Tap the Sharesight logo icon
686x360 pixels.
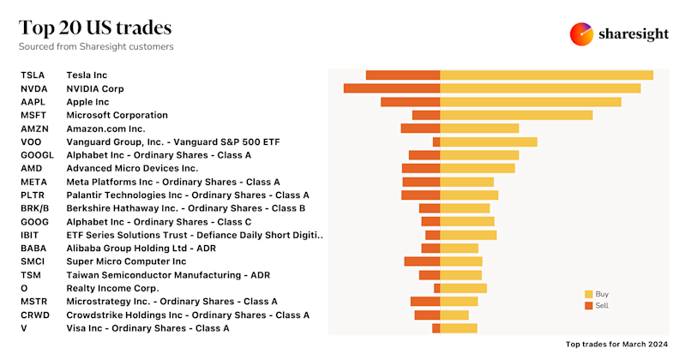click(x=582, y=34)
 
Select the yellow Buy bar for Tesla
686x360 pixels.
click(x=546, y=75)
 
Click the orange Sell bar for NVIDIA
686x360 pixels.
click(x=392, y=88)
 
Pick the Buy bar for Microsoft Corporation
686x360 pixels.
click(x=516, y=115)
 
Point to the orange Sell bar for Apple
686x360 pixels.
click(x=410, y=102)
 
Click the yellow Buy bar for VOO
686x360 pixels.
click(x=489, y=141)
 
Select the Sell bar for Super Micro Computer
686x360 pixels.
click(x=422, y=261)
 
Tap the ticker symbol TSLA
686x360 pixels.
click(x=33, y=75)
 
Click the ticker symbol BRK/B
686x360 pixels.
click(x=35, y=208)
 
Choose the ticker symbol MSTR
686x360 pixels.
click(x=33, y=302)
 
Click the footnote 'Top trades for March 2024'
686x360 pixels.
click(x=605, y=343)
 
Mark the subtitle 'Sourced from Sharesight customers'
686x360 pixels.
click(x=96, y=46)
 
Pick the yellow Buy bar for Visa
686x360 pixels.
click(x=459, y=328)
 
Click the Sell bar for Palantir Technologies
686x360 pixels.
click(x=420, y=195)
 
